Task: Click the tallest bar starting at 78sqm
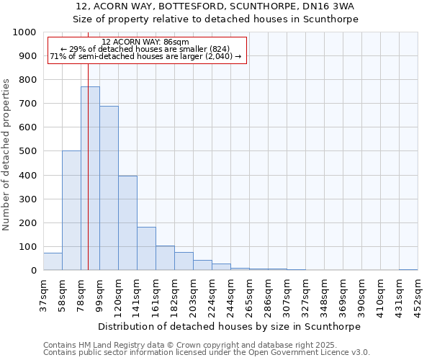click(90, 179)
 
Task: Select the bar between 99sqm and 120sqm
click(109, 188)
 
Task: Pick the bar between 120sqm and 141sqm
click(127, 223)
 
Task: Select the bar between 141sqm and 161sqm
click(146, 248)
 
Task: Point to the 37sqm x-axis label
click(43, 294)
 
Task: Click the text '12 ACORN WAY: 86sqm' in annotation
click(146, 42)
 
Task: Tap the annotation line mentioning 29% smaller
click(146, 49)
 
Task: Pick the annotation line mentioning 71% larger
click(146, 56)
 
